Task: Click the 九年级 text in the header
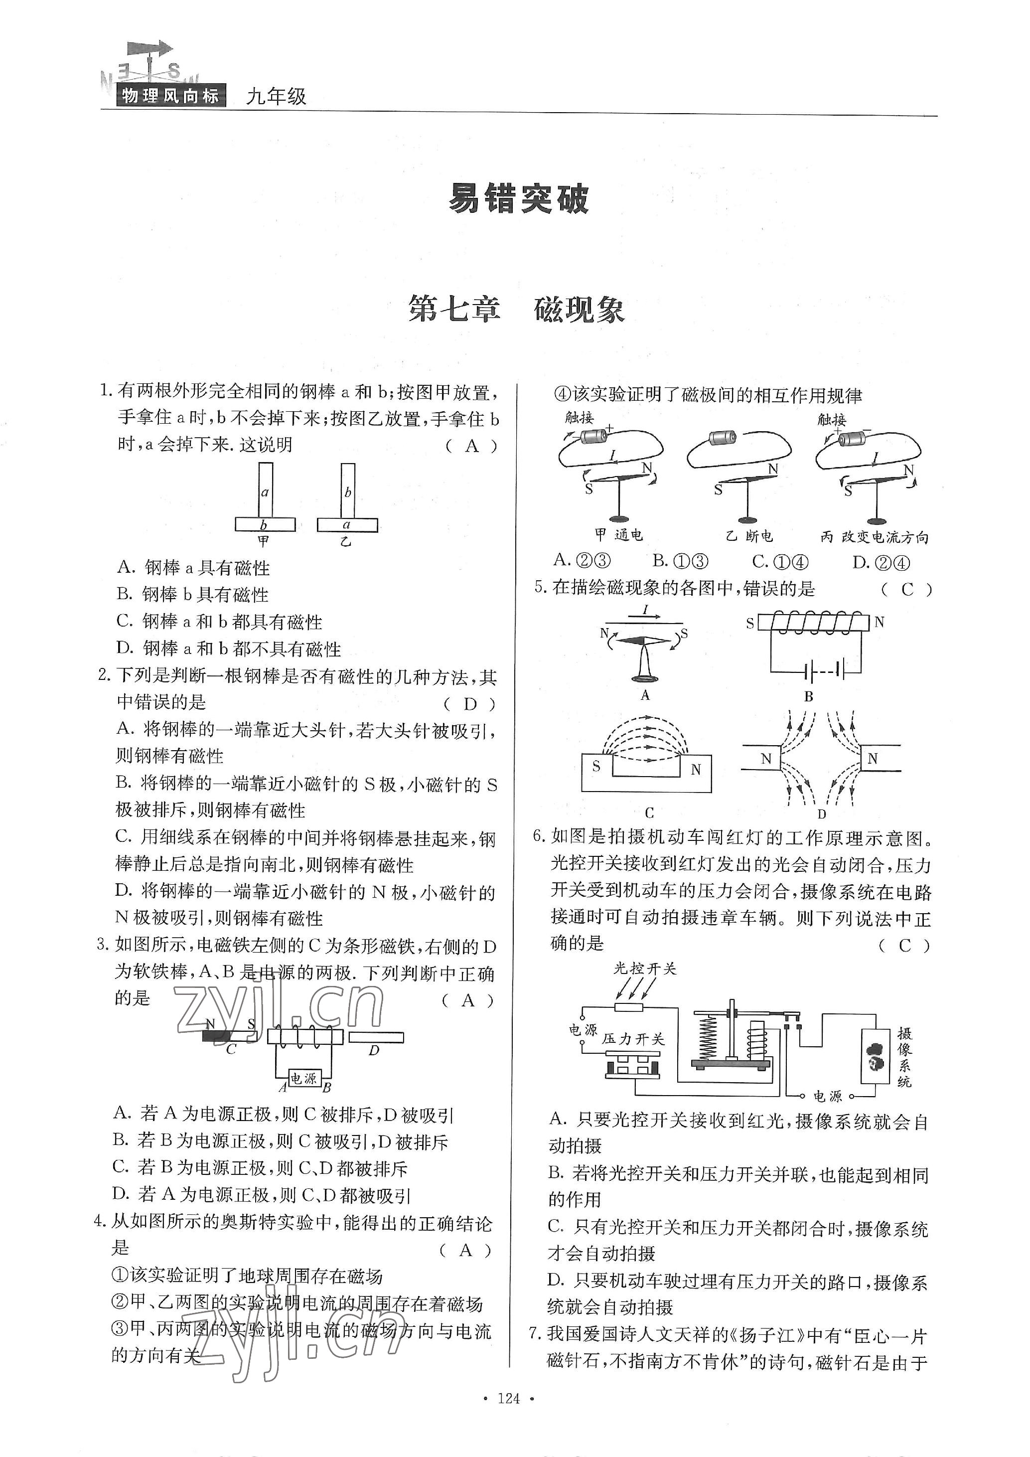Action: (276, 97)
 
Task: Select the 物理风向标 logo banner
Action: (170, 96)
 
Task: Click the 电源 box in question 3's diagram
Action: (303, 1078)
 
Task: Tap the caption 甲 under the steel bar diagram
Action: (263, 541)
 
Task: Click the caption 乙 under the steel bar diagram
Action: (346, 541)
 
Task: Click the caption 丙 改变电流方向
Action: (874, 537)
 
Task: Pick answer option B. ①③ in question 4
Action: (680, 561)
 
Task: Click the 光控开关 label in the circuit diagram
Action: (645, 969)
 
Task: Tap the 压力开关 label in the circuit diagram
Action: (632, 1039)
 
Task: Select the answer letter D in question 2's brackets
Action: (470, 704)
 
